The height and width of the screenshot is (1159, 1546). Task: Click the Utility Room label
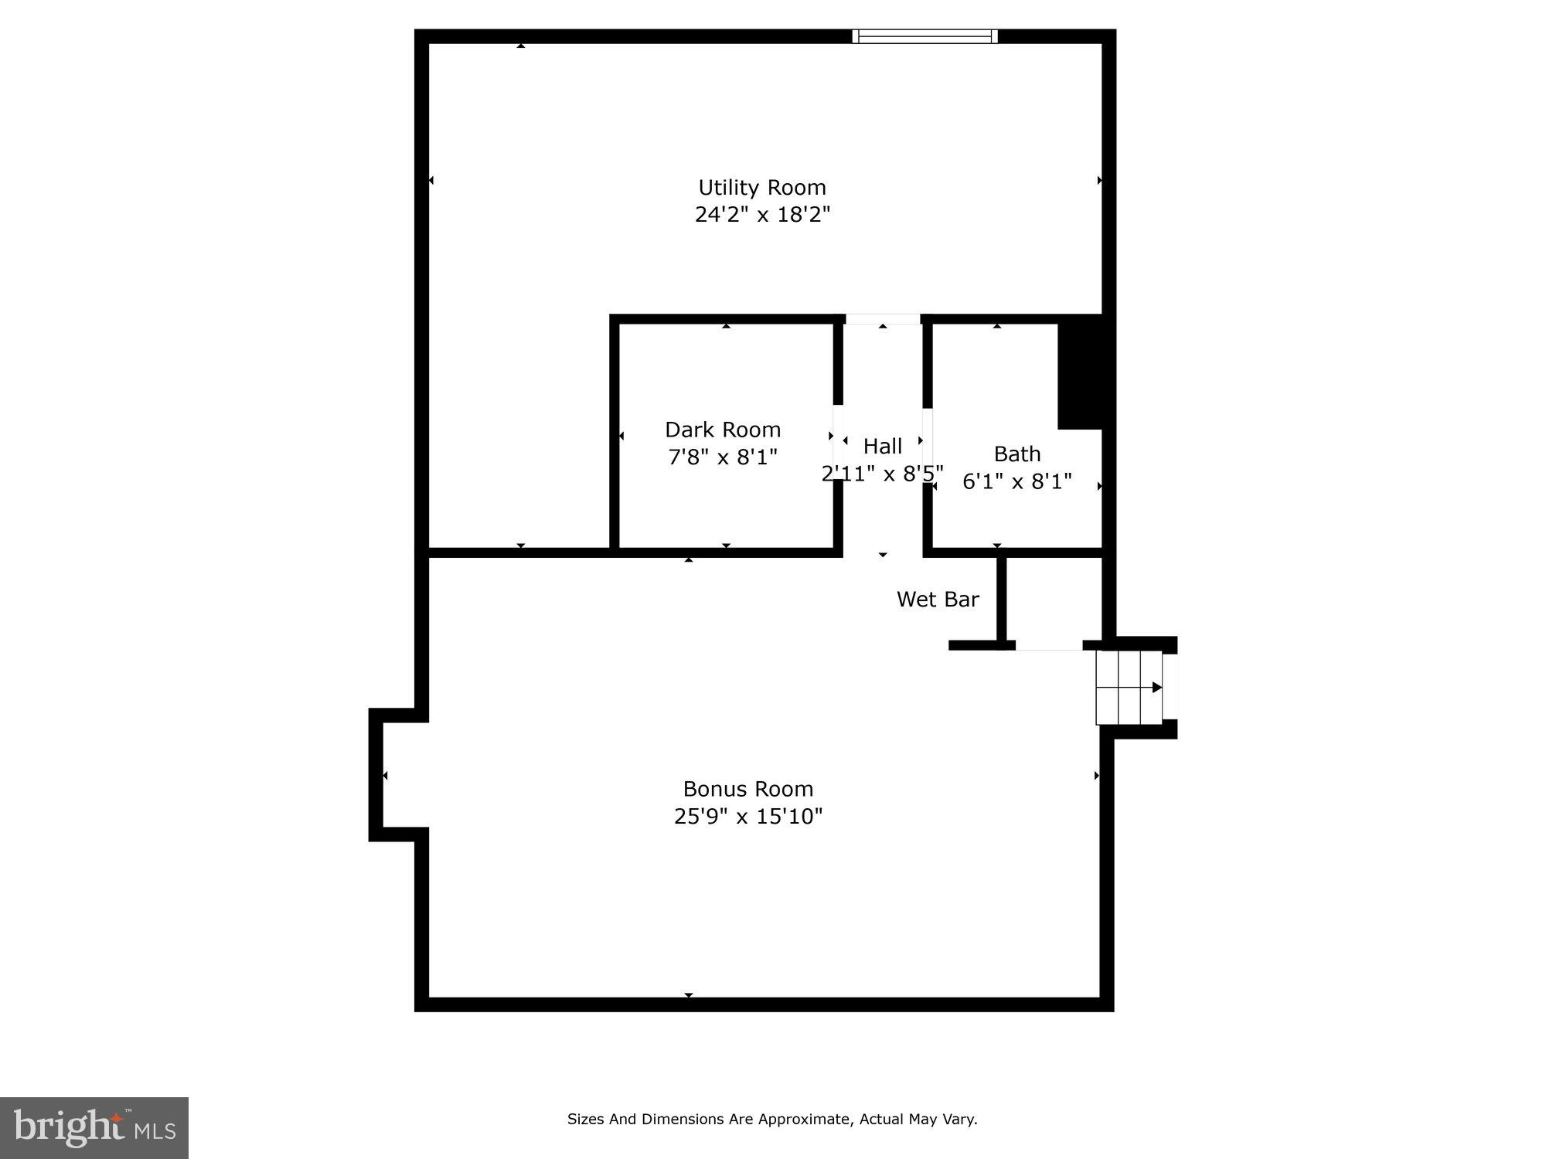(762, 188)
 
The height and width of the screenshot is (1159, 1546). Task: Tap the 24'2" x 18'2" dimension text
(762, 215)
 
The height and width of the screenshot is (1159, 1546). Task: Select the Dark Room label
(723, 430)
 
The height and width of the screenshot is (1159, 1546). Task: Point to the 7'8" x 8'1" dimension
(723, 457)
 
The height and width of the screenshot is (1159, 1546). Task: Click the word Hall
(883, 447)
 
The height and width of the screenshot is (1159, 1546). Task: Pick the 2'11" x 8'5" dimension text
(882, 474)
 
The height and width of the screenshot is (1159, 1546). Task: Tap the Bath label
(1017, 454)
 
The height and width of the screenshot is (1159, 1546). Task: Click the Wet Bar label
(938, 600)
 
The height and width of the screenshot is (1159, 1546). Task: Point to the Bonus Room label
(748, 789)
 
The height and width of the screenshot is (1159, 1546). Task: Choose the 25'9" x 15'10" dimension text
(748, 817)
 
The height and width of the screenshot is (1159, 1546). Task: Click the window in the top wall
(925, 36)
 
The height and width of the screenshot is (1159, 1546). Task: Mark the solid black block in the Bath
(1081, 372)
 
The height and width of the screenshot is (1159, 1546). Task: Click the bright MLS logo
(94, 1127)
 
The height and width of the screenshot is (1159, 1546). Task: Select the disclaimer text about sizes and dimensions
(772, 1119)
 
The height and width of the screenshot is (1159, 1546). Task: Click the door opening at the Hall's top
(883, 319)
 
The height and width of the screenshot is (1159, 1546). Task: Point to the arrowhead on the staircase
(1156, 687)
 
